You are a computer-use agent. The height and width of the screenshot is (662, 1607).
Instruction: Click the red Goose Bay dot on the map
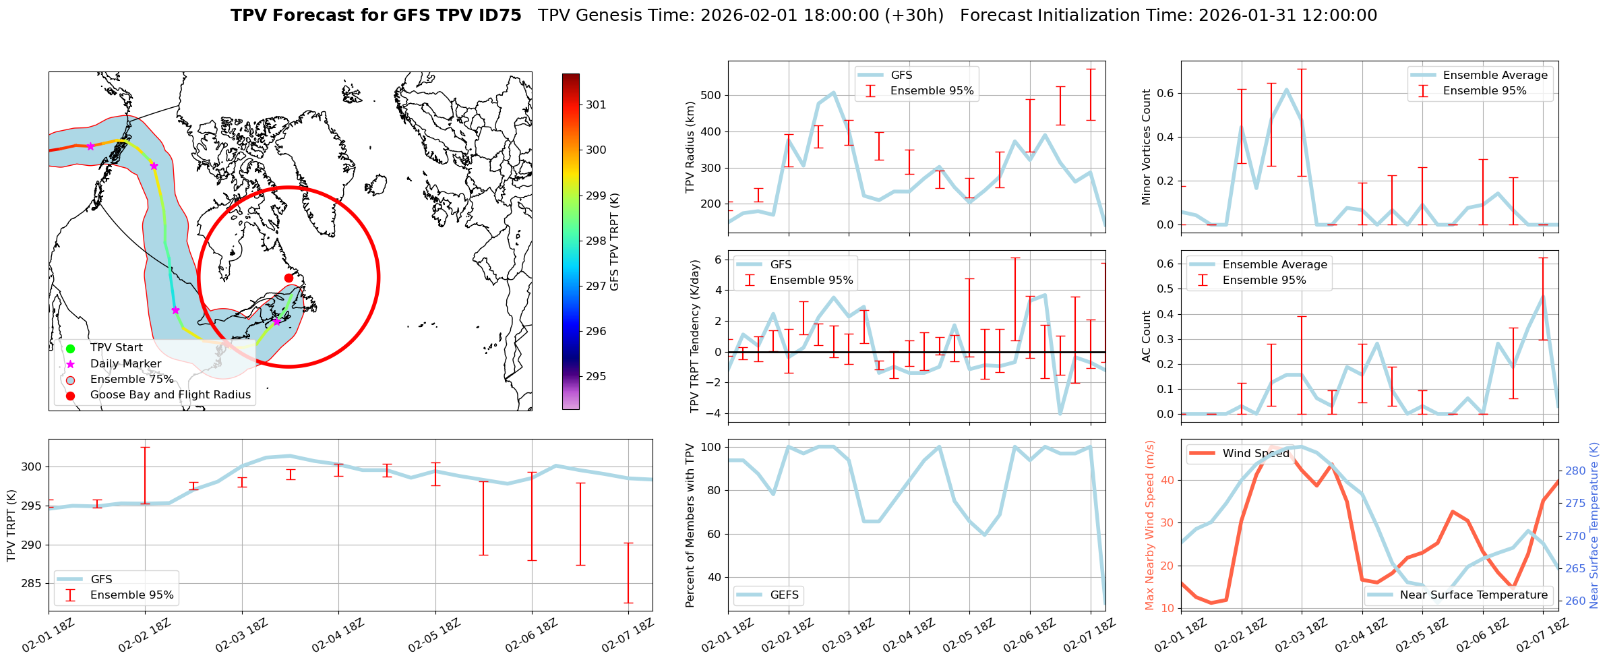(x=289, y=278)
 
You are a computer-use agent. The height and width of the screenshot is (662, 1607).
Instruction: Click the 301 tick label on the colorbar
(x=596, y=104)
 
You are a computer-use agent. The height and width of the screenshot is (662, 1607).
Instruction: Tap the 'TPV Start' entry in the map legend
(x=116, y=348)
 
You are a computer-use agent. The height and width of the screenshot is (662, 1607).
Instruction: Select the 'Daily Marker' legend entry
(x=125, y=364)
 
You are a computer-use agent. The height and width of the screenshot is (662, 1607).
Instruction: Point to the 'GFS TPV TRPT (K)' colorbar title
(x=614, y=242)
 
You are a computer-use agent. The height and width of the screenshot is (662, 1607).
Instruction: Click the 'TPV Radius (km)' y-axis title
(x=690, y=147)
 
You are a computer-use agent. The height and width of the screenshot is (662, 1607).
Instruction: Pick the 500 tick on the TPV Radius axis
(x=712, y=95)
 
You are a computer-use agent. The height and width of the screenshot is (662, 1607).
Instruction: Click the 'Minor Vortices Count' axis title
(x=1147, y=147)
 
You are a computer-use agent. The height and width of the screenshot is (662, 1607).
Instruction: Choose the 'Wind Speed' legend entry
(x=1256, y=454)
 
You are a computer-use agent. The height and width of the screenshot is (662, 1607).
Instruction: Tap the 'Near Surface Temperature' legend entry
(x=1474, y=595)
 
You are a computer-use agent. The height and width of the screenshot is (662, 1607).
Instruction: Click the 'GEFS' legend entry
(x=784, y=595)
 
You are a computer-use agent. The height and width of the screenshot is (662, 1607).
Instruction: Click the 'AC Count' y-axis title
(x=1147, y=336)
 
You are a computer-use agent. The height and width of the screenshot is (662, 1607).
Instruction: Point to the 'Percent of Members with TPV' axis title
(x=690, y=525)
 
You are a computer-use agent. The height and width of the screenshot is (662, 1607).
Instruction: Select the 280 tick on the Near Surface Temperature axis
(x=1575, y=471)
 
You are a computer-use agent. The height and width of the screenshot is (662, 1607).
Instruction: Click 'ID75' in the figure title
(x=500, y=16)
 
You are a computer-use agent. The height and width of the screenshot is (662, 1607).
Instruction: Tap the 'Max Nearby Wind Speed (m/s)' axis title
(x=1150, y=525)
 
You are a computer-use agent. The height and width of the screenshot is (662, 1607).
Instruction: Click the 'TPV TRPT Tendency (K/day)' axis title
(x=695, y=336)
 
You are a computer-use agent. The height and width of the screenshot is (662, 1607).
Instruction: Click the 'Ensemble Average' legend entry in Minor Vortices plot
(x=1495, y=76)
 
